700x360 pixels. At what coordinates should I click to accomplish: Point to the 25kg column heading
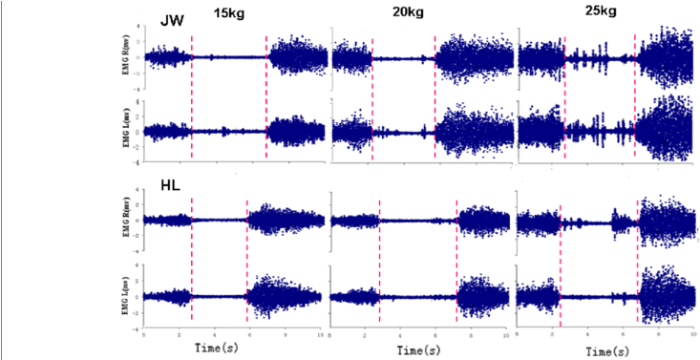tap(605, 13)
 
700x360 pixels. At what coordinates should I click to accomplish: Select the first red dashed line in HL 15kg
tap(192, 258)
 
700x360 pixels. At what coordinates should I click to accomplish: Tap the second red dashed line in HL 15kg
tap(247, 258)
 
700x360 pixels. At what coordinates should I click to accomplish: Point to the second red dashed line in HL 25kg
tap(633, 258)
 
